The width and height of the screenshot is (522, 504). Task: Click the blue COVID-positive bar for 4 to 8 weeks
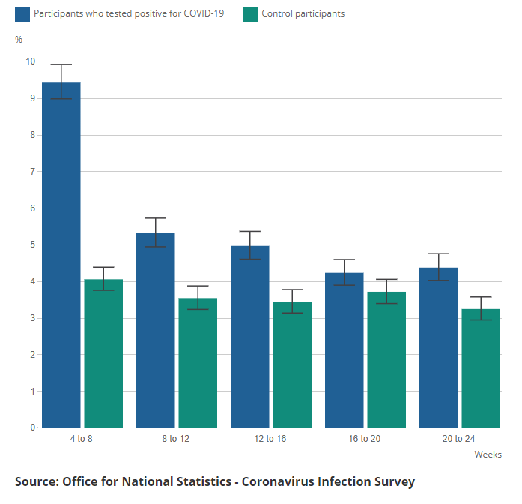pyautogui.click(x=61, y=255)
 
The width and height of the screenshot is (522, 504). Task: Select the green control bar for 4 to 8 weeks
pyautogui.click(x=103, y=353)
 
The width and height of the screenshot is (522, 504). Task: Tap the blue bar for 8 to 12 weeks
pyautogui.click(x=155, y=330)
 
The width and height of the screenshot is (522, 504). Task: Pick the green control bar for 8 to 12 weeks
pyautogui.click(x=198, y=363)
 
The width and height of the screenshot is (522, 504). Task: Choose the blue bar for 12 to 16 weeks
pyautogui.click(x=249, y=337)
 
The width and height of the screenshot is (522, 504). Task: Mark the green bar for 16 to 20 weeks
pyautogui.click(x=386, y=360)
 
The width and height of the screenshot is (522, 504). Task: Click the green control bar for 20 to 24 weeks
pyautogui.click(x=481, y=368)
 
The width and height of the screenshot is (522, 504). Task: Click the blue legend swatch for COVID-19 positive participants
pyautogui.click(x=21, y=13)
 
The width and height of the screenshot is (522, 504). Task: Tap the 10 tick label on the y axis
pyautogui.click(x=31, y=61)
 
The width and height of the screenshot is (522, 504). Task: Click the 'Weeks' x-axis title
pyautogui.click(x=488, y=454)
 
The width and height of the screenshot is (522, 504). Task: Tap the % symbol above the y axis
pyautogui.click(x=19, y=39)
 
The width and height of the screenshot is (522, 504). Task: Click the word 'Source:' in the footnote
pyautogui.click(x=40, y=481)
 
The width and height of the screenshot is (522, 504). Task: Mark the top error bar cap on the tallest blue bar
pyautogui.click(x=61, y=64)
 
